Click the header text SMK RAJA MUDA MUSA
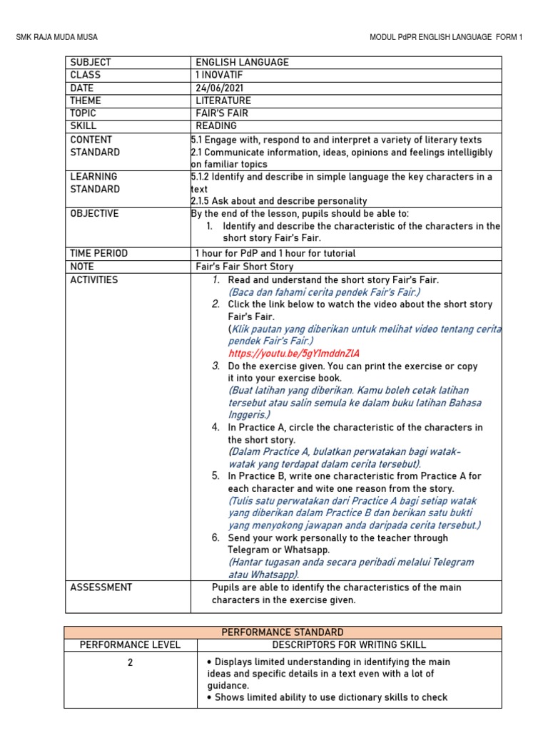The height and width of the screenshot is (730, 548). coord(57,37)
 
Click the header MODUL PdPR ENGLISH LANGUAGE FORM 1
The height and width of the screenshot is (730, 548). coord(446,37)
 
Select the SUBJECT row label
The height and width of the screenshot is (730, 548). coord(91,63)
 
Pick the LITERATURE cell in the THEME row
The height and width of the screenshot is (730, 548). coord(223,101)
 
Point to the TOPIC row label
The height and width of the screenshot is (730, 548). coord(83,113)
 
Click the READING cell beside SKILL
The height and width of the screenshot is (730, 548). coord(216,126)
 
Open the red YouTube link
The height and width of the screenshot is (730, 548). coord(294,354)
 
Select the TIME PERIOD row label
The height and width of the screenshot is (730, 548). coord(98,253)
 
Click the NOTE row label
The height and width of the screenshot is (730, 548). coord(82,266)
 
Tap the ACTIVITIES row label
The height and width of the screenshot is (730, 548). coord(94,280)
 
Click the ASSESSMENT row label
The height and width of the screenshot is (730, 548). coord(101,587)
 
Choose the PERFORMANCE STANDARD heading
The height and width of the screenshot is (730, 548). coord(283,632)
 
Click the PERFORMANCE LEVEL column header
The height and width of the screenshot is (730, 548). coord(130,645)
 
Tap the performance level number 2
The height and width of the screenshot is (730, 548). coord(130,662)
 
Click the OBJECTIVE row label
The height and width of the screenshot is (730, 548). coord(94,214)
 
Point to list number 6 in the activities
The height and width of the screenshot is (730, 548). coord(215,538)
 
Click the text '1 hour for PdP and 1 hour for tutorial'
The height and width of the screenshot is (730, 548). coord(275,253)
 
